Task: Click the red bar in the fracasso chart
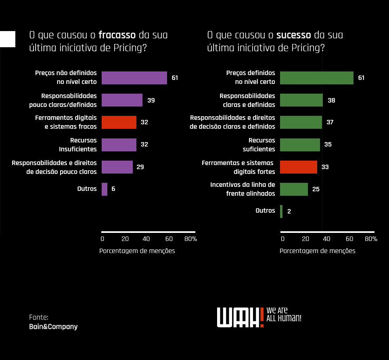click(119, 122)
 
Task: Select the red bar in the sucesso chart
click(299, 167)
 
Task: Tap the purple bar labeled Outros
click(105, 189)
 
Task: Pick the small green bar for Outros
click(281, 211)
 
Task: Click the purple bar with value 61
click(134, 78)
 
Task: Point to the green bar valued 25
click(294, 189)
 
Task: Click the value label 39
click(151, 100)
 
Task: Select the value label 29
click(140, 167)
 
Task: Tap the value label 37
click(330, 122)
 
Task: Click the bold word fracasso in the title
click(117, 35)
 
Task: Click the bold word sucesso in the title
click(294, 35)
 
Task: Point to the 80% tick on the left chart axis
click(190, 239)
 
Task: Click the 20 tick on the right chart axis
click(305, 239)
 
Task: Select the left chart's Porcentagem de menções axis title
click(137, 251)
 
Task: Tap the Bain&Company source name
click(53, 327)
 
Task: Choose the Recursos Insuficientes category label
click(78, 144)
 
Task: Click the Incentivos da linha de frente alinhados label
click(243, 189)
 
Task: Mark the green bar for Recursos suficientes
click(300, 144)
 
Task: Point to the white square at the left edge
click(8, 39)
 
